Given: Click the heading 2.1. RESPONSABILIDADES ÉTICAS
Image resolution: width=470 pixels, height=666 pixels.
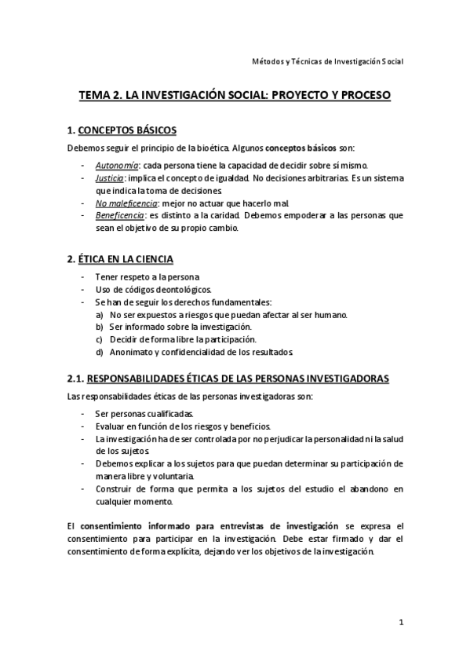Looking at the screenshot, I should (228, 378).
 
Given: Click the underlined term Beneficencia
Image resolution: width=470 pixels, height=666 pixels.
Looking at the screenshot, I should (119, 215).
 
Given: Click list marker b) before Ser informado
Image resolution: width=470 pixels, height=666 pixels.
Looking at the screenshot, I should (100, 326).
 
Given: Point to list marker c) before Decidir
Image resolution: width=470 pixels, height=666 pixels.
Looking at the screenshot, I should (100, 338).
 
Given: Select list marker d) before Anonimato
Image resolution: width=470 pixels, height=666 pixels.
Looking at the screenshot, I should (100, 351).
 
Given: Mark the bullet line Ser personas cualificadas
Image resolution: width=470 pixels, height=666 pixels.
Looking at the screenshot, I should (145, 413).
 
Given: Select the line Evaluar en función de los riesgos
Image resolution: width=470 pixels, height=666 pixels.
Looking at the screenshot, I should (182, 426).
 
